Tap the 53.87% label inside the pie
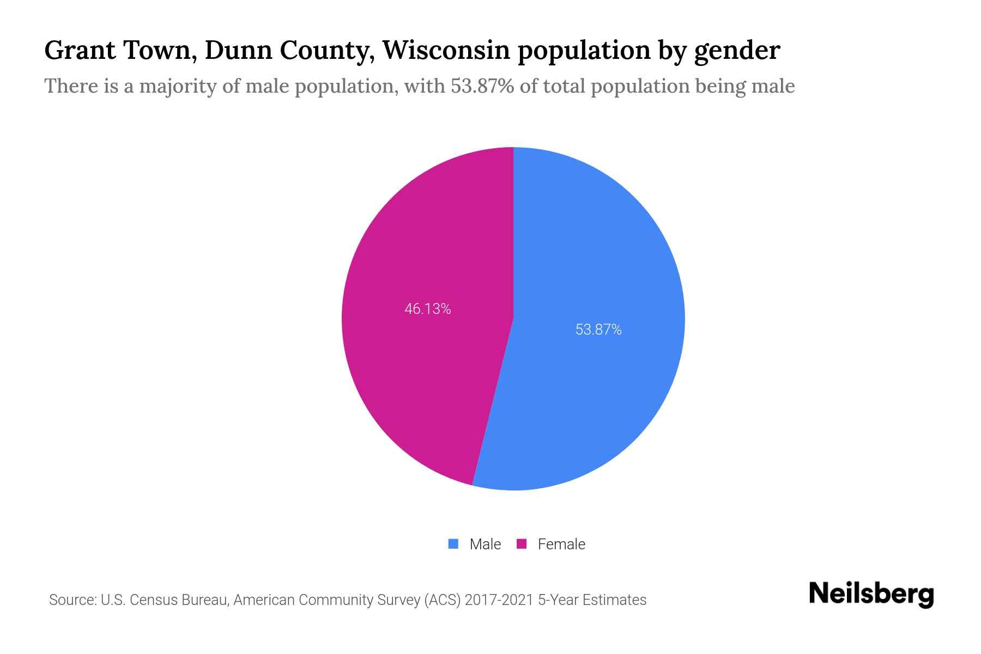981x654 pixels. tap(598, 330)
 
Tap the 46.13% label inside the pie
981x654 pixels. tap(427, 309)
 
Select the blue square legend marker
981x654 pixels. tap(453, 544)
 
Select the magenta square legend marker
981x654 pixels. tap(522, 544)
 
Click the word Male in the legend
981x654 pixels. tap(485, 544)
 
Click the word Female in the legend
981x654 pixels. tap(561, 544)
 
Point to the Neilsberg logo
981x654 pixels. tap(871, 594)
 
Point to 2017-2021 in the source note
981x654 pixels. tap(499, 600)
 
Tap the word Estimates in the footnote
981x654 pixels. tap(614, 600)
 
